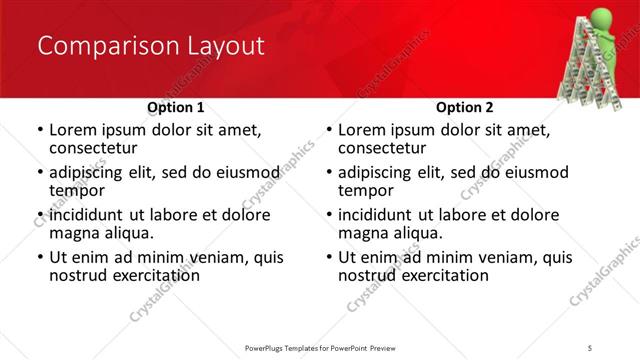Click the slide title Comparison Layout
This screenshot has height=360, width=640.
tap(150, 46)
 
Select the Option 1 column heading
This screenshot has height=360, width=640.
tap(176, 107)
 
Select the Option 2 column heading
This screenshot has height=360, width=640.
tap(465, 107)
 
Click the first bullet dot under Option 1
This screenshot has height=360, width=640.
tap(39, 130)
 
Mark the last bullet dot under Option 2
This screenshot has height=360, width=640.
tap(328, 258)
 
